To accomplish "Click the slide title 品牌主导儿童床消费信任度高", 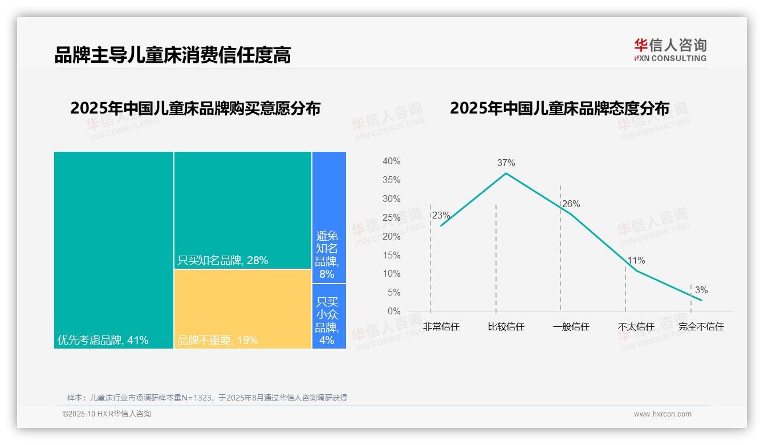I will click(173, 55).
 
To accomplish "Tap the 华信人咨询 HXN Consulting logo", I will click(670, 50).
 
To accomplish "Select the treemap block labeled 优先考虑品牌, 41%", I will click(113, 250).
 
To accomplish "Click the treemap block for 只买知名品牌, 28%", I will click(243, 210).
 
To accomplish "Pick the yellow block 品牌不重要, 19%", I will click(243, 309).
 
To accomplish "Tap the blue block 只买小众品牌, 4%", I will click(329, 316).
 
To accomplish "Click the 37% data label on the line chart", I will click(506, 163).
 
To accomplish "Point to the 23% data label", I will click(441, 215).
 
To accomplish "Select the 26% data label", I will click(571, 204).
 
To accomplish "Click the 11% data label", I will click(636, 261).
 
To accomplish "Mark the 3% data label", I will click(701, 290).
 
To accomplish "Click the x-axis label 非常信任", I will click(441, 327).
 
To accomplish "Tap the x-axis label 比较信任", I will click(506, 327).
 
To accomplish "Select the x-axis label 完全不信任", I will click(701, 327).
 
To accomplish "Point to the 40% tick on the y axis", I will click(391, 161).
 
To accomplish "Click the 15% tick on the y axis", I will click(391, 255).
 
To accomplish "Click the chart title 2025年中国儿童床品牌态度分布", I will click(559, 108).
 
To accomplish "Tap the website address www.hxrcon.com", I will click(663, 414).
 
